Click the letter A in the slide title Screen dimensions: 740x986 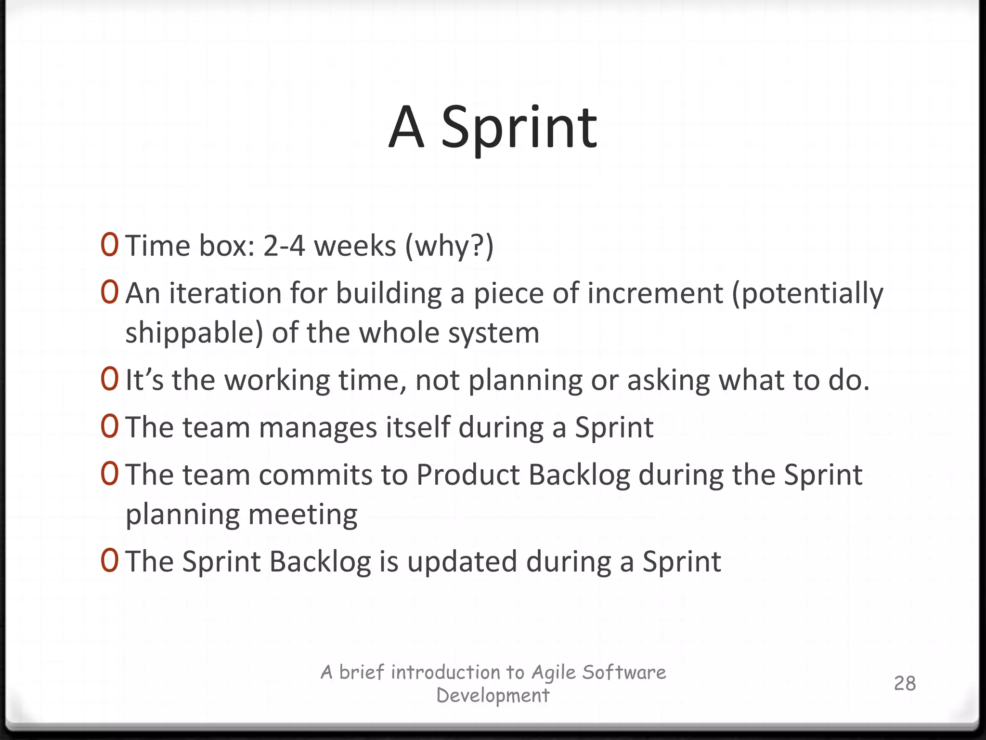pos(406,128)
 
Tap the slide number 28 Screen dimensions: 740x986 pos(905,683)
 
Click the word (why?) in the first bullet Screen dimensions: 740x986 pos(449,246)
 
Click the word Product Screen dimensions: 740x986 pos(467,475)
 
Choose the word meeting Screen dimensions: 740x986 pos(303,515)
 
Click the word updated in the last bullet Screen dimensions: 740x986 pos(462,562)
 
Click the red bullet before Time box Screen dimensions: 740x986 pos(109,245)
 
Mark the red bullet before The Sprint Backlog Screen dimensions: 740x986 pos(109,561)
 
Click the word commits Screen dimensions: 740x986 pos(315,475)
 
